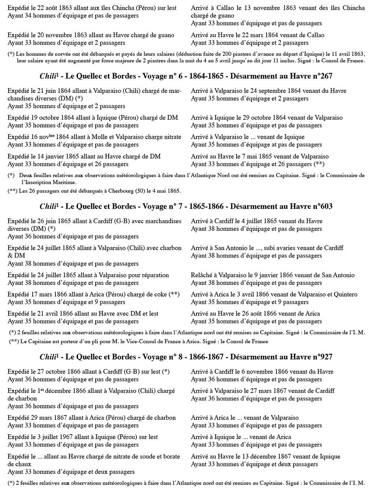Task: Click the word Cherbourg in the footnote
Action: pyautogui.click(x=103, y=191)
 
